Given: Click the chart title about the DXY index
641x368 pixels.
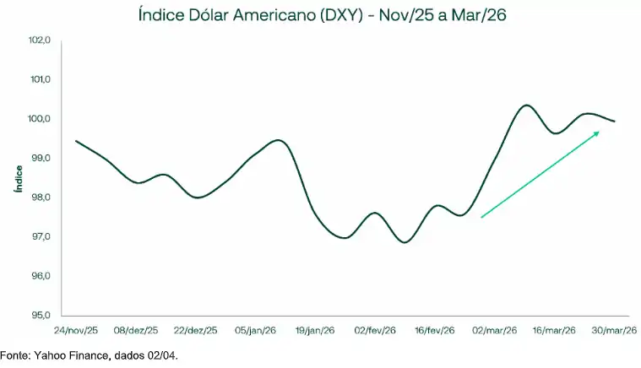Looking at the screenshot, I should [x=320, y=14].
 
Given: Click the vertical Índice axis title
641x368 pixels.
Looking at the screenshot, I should [x=18, y=178].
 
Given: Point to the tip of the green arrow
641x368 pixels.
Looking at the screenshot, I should [x=599, y=132].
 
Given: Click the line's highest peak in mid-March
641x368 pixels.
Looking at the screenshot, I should [x=526, y=106].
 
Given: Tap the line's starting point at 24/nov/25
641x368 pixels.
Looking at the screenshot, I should [x=77, y=141].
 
